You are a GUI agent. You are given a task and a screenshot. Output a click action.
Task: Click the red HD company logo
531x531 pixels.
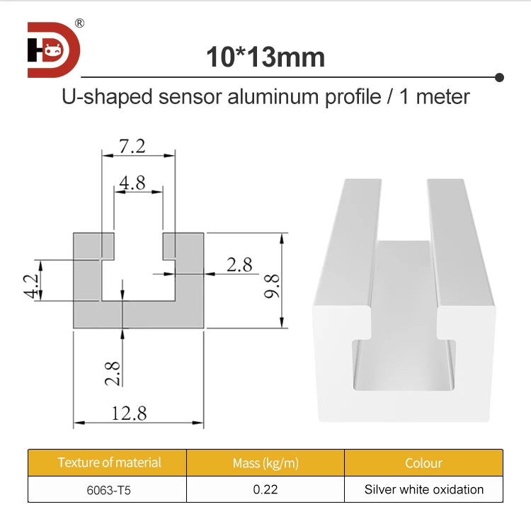click(x=54, y=50)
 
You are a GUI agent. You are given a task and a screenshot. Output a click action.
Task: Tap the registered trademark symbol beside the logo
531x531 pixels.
click(x=80, y=23)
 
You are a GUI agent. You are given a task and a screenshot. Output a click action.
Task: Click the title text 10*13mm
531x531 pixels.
click(x=265, y=57)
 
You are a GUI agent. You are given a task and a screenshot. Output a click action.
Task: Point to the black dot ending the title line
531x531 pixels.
click(x=499, y=76)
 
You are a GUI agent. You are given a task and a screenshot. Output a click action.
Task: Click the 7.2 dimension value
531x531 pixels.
click(x=132, y=146)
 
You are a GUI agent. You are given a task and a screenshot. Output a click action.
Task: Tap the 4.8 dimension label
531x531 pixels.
click(x=132, y=183)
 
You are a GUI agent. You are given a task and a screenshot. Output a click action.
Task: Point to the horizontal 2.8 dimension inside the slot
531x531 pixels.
click(x=239, y=265)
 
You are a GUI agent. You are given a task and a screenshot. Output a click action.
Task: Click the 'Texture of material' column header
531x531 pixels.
click(x=109, y=462)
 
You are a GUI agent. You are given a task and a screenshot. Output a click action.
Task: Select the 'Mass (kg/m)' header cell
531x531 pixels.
click(x=265, y=464)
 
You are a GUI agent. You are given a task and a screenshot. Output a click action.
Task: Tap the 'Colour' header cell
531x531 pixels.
click(x=423, y=463)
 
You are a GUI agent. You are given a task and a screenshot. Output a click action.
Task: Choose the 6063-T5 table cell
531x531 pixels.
click(x=109, y=489)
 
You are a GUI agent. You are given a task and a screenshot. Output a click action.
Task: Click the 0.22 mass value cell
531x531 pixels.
click(x=265, y=489)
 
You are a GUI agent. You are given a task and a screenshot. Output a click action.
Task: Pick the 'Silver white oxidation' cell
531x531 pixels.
click(x=423, y=489)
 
